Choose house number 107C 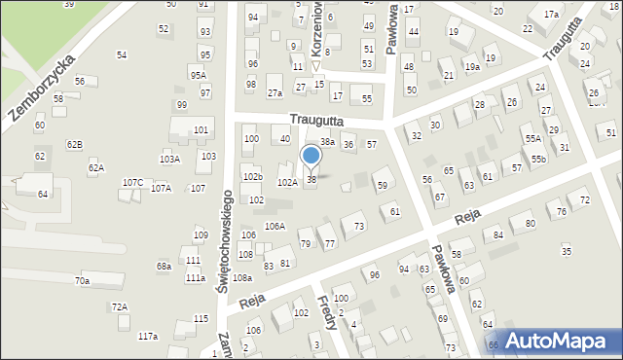point(132,183)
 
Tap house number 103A point(169,159)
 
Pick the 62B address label point(74,145)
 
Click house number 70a point(83,281)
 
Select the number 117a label point(147,337)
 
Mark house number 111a point(196,278)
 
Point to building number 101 point(201,129)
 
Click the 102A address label point(287,183)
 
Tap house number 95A point(198,76)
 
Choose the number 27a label point(275,93)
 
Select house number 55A point(533,139)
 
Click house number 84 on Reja point(498,234)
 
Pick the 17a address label point(551,15)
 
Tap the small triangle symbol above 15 point(317,67)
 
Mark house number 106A point(275,227)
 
